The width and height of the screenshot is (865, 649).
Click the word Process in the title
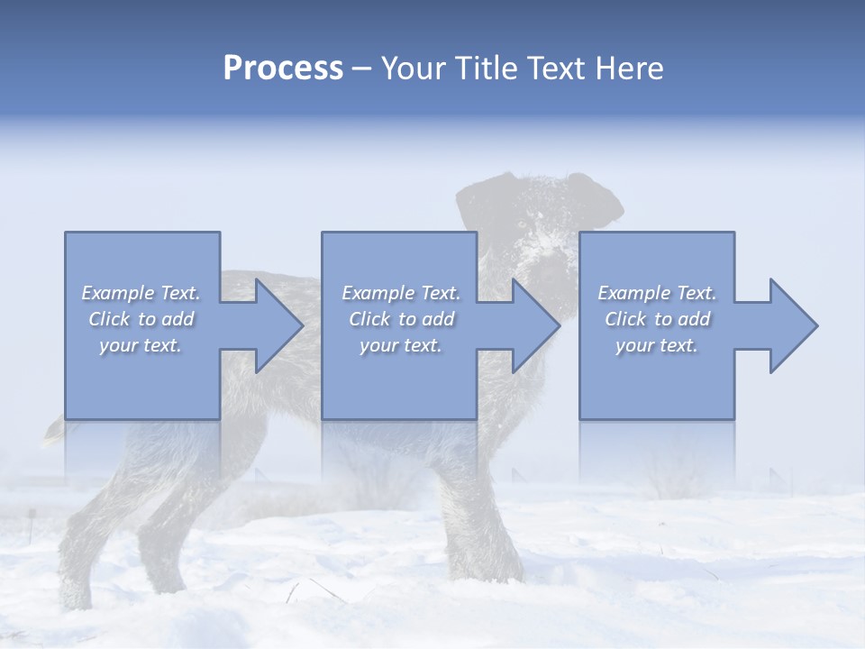pyautogui.click(x=283, y=69)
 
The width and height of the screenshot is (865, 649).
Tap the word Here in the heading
pyautogui.click(x=628, y=69)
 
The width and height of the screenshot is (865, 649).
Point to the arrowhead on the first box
pyautogui.click(x=276, y=325)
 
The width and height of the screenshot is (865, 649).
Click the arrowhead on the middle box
pyautogui.click(x=533, y=325)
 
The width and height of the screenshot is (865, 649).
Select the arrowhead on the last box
pyautogui.click(x=790, y=325)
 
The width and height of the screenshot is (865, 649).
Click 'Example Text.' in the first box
pyautogui.click(x=141, y=293)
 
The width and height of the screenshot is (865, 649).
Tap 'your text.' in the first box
pyautogui.click(x=141, y=345)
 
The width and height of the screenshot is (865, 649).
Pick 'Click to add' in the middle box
pyautogui.click(x=401, y=319)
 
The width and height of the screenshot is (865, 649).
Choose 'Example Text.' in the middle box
pyautogui.click(x=401, y=293)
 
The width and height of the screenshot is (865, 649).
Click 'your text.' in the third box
pyautogui.click(x=657, y=345)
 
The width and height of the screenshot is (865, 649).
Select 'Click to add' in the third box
pyautogui.click(x=657, y=319)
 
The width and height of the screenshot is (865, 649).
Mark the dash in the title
pyautogui.click(x=362, y=69)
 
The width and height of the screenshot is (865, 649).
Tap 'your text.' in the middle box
pyautogui.click(x=401, y=345)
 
